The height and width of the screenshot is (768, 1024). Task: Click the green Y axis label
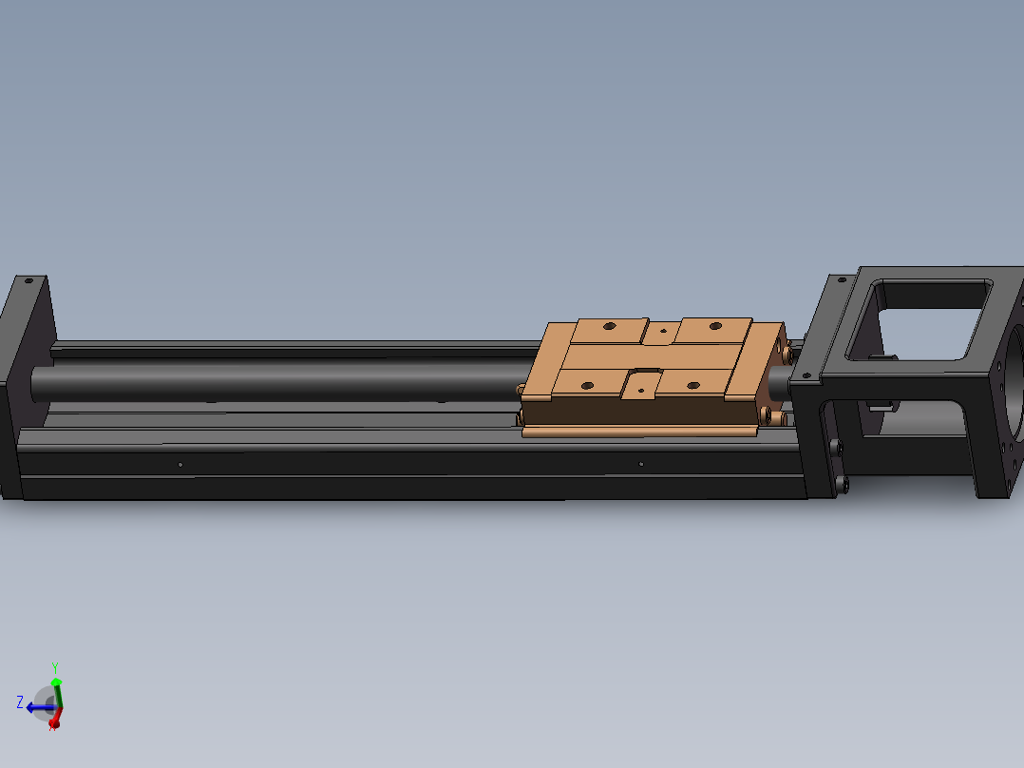[x=55, y=668]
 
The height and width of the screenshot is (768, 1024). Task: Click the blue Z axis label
[x=20, y=702]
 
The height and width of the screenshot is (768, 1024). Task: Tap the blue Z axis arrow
[x=38, y=707]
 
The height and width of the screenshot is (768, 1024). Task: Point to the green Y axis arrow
[x=56, y=691]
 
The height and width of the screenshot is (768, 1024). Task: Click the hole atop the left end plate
[x=28, y=281]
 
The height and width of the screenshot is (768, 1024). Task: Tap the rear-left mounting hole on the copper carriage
[x=608, y=326]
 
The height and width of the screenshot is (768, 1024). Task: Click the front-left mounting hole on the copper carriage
[x=586, y=385]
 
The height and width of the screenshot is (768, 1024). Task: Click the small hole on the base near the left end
[x=180, y=465]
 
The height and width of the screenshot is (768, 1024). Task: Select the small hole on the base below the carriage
[x=641, y=464]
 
